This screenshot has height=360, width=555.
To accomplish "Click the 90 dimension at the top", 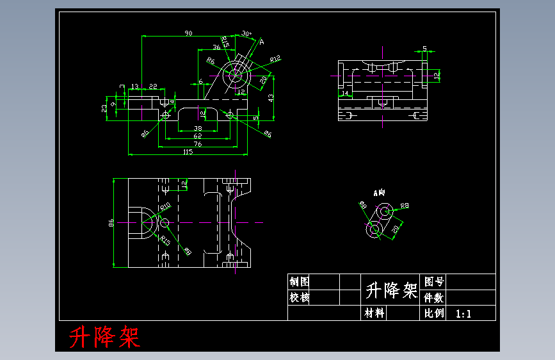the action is point(188,33).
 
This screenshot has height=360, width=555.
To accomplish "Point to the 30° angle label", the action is point(246,34).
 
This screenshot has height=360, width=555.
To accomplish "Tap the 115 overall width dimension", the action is point(188,152).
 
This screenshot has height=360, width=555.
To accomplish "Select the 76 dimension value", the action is point(197,144).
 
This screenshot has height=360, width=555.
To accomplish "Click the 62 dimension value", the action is point(197,136).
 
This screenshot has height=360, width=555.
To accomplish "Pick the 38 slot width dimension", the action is point(198,128).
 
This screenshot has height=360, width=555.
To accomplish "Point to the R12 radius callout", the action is point(275,59).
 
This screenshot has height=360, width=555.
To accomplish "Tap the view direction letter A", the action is point(261,42).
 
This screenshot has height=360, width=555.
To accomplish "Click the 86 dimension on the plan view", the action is point(111,223).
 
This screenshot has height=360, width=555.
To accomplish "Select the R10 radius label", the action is point(165,206).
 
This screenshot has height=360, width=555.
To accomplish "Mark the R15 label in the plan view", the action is point(165,241).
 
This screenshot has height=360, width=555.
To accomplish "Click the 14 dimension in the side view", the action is point(345,94).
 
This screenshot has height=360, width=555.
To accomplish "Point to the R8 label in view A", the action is point(404,206).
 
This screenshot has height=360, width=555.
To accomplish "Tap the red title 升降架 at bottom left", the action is point(104,336).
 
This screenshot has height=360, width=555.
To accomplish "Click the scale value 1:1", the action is point(463,314).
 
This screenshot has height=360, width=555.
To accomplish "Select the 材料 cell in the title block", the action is point(374,313).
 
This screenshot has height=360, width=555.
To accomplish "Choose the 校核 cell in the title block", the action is point(300,298).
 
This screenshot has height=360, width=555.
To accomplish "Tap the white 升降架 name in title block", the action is point(391,291).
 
